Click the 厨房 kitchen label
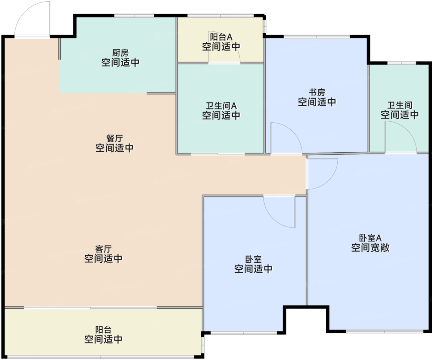click(120, 53)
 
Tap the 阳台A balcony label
click(221, 37)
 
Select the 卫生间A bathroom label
click(221, 106)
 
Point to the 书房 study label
click(317, 92)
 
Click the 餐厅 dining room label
click(114, 138)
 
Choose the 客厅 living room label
click(103, 249)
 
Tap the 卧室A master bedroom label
click(370, 238)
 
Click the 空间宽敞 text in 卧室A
click(370, 248)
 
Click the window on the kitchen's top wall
click(134, 16)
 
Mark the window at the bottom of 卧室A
click(385, 332)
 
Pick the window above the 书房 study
click(317, 37)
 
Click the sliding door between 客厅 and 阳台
click(90, 307)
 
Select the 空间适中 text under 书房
click(317, 102)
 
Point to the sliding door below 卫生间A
click(218, 154)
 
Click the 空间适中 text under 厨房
click(120, 63)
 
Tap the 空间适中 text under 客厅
click(103, 259)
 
